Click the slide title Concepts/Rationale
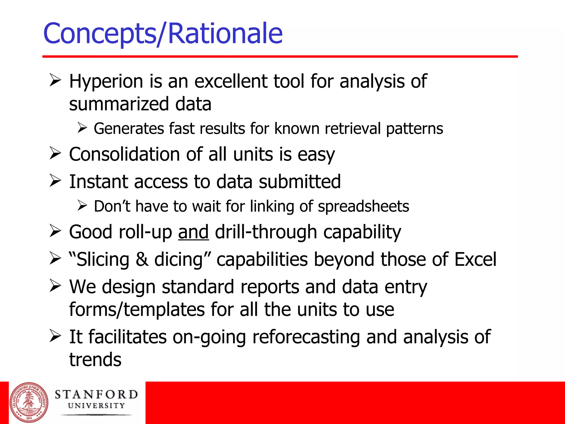(x=163, y=34)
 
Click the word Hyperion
(x=106, y=82)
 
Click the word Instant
(x=98, y=182)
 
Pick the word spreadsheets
(x=363, y=206)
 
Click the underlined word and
(x=193, y=232)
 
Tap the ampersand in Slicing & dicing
(x=142, y=259)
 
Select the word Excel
(x=475, y=259)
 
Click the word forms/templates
(x=137, y=310)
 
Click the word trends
(x=95, y=360)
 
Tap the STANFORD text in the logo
(x=96, y=394)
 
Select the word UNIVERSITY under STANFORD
(x=96, y=406)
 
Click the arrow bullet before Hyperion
(x=55, y=80)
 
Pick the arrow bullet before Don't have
(x=82, y=205)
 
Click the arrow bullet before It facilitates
(x=55, y=336)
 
